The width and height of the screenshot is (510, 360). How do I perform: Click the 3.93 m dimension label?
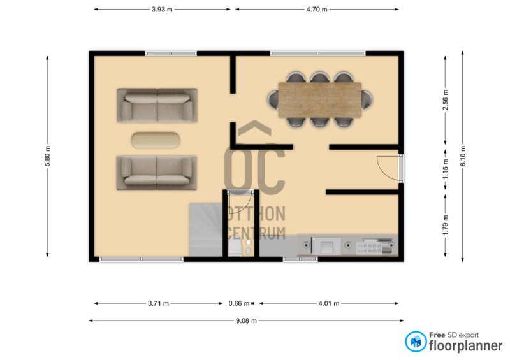pos(162,10)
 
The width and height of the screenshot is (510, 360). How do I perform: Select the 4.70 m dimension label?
pos(316,10)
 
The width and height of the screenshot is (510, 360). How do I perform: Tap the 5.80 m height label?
pos(47,156)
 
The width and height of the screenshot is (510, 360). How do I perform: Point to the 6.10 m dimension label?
pos(463,156)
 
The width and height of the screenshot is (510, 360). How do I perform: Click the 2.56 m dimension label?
pos(446,100)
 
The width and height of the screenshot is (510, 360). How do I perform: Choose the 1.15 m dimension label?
pos(446,168)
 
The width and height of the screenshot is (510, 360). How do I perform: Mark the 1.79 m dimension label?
pos(446,225)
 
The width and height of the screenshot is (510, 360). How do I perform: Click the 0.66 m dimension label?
pos(239,303)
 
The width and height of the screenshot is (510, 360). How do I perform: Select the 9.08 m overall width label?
pos(246,321)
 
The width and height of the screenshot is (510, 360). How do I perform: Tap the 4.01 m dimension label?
pos(329,303)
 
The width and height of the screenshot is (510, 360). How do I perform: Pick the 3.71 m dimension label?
pos(158,303)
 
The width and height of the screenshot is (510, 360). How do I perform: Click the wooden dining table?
pos(320,100)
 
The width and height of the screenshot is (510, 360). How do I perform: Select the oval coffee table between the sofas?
pos(156,140)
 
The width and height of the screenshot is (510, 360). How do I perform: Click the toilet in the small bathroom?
pos(235,247)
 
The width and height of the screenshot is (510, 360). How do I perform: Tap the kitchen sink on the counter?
pos(326,246)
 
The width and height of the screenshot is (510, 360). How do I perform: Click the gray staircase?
pos(206,229)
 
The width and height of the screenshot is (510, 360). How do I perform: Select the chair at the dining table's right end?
pos(367,100)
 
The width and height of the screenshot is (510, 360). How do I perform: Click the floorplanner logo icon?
pos(416,342)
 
